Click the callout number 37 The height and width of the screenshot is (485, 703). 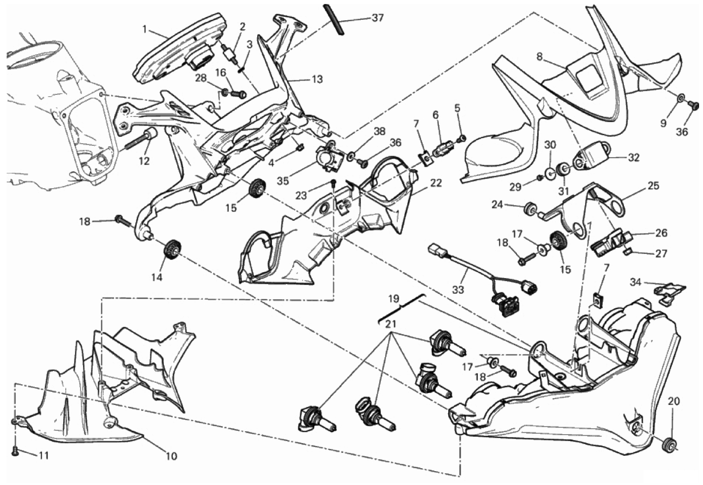pyautogui.click(x=377, y=18)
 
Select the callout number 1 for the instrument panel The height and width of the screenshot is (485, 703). pyautogui.click(x=145, y=29)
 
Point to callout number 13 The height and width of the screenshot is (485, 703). pyautogui.click(x=316, y=79)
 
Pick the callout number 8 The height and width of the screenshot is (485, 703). pyautogui.click(x=540, y=57)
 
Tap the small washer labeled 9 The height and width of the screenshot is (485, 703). pyautogui.click(x=681, y=99)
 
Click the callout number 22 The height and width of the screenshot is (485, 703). pyautogui.click(x=435, y=182)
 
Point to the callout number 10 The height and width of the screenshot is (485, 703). pyautogui.click(x=171, y=456)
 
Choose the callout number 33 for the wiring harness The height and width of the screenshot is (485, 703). pyautogui.click(x=458, y=290)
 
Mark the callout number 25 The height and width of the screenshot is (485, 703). pyautogui.click(x=654, y=186)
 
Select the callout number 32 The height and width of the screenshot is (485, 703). pyautogui.click(x=634, y=158)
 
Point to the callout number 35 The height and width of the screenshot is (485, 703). pyautogui.click(x=282, y=181)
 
